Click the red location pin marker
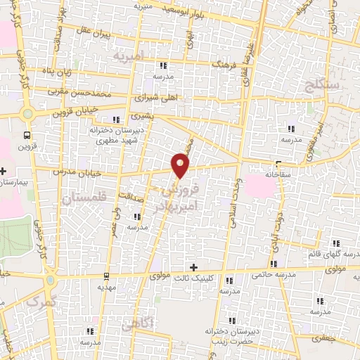(181, 165)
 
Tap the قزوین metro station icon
(27, 134)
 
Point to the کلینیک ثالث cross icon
(194, 267)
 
